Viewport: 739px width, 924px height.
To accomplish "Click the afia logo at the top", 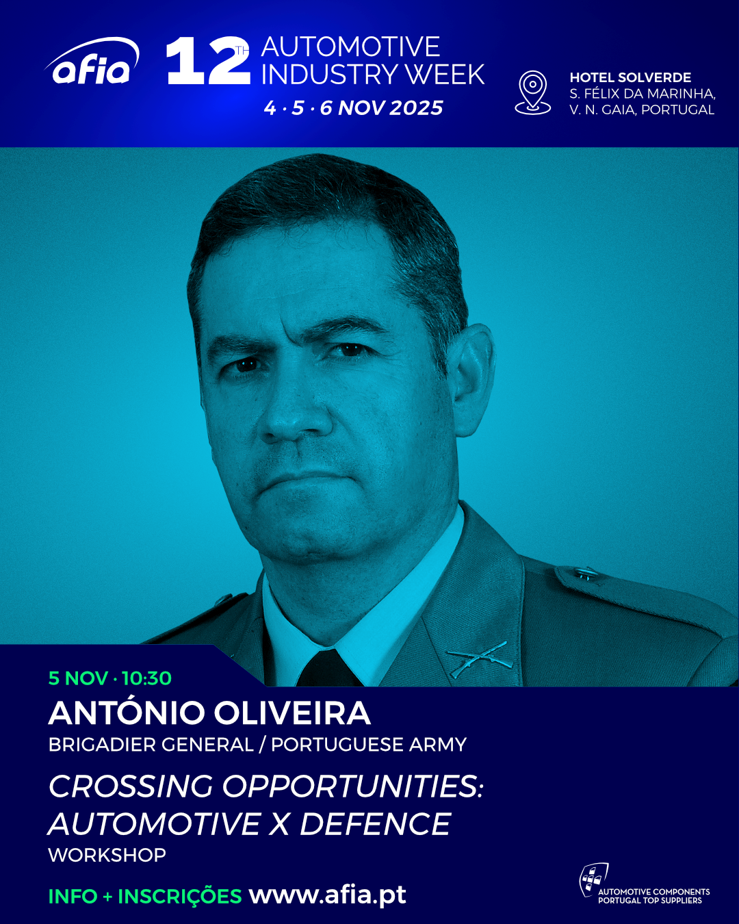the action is point(92,61).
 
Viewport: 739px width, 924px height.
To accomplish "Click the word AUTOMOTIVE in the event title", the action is point(351,47).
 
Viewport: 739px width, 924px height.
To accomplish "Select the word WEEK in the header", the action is point(445,75).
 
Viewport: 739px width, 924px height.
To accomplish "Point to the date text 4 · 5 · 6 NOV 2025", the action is point(353,107).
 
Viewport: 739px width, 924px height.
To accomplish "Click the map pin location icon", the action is point(532,92).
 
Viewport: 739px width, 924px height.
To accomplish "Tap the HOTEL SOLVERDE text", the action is point(630,78).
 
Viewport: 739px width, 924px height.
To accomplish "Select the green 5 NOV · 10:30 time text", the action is point(110,678).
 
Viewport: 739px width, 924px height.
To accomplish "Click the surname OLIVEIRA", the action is point(292,713).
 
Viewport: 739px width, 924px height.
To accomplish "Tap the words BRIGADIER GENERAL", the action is point(151,745).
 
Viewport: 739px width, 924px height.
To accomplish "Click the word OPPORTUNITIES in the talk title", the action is point(352,786).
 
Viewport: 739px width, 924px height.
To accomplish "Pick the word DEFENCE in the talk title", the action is point(375,824).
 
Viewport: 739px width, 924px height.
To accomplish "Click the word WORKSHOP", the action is point(107,855).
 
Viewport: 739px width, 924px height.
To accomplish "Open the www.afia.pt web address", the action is point(328,895).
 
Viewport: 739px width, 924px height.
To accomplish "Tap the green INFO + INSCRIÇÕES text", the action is point(145,896).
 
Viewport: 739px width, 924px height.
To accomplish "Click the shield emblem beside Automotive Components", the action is point(593,880).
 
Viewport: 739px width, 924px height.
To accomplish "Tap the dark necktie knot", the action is point(328,668).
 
